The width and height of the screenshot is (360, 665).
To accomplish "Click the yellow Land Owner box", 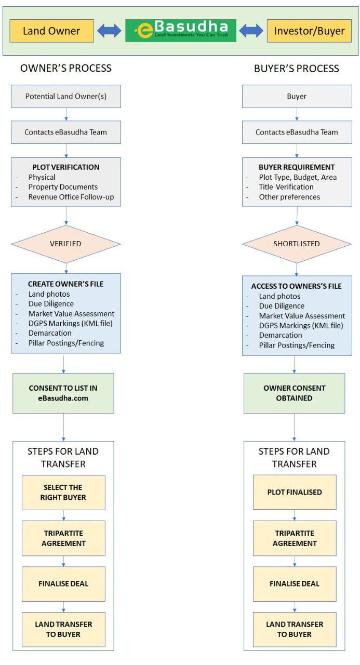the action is coord(51,31).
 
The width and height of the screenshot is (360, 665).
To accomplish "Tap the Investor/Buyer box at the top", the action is coord(309,31).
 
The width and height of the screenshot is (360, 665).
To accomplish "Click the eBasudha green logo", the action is coord(181,31).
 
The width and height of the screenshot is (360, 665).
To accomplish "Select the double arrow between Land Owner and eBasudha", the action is coord(109,31).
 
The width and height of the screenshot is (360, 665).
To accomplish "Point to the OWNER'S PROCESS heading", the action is coord(66,68).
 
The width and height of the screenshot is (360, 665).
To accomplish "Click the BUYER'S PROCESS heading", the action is coord(297,69).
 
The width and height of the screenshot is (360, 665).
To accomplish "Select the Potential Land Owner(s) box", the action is coord(66,97).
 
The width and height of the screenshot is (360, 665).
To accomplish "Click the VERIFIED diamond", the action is coord(66,244).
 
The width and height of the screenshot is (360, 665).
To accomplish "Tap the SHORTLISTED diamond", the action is coord(297,244).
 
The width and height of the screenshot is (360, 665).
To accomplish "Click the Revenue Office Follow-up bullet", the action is coord(71,197).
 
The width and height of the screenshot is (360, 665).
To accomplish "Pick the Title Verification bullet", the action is coord(286,187).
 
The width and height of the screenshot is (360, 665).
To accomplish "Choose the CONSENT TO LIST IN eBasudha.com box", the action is coord(63,393).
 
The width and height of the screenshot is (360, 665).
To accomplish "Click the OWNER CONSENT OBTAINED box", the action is coord(295,393).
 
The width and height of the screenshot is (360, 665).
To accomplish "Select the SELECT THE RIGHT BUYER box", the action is coord(63,493).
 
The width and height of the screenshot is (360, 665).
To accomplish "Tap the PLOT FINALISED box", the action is coord(295,492).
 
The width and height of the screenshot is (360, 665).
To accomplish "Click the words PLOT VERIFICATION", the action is coord(66,167).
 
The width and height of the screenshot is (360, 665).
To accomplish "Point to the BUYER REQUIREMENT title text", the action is coord(297,167).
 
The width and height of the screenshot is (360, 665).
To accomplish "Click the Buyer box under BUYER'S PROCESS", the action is coord(297,97).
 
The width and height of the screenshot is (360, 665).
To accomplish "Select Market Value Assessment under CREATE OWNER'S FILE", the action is coord(71,313).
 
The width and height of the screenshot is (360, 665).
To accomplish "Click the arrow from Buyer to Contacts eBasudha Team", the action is coord(297,114).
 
